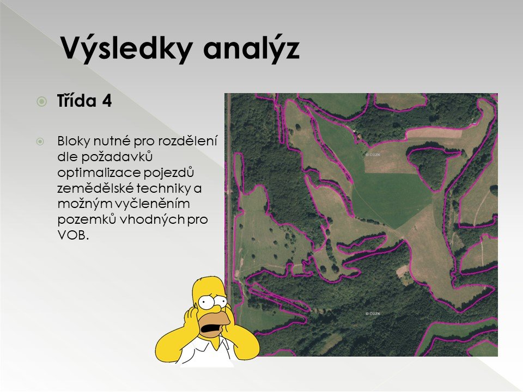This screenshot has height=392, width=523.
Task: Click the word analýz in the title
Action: (x=251, y=48)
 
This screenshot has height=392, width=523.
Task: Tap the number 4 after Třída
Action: (x=107, y=101)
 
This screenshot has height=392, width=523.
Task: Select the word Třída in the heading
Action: (x=77, y=100)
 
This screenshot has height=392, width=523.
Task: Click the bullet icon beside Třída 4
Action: (x=42, y=101)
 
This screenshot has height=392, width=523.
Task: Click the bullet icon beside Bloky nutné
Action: (x=40, y=142)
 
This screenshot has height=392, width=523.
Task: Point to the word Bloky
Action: (x=74, y=141)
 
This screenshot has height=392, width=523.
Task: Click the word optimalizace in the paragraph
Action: (x=99, y=173)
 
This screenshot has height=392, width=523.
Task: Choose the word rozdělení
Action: (x=187, y=141)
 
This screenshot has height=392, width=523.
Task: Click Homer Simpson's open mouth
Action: (x=211, y=330)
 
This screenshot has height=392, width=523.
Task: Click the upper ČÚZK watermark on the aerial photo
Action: (x=373, y=155)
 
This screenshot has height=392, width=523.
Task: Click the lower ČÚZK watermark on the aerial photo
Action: (x=373, y=314)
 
